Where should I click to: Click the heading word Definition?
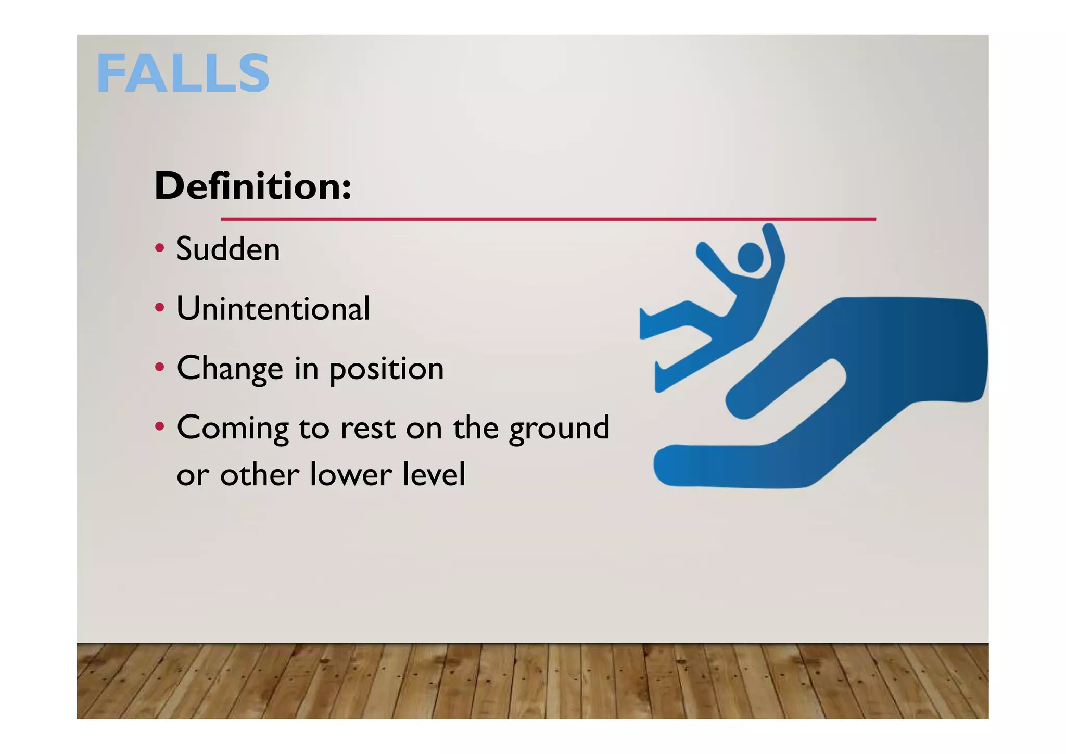pyautogui.click(x=253, y=186)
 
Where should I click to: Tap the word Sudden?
pyautogui.click(x=228, y=249)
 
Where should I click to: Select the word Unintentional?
pyautogui.click(x=273, y=308)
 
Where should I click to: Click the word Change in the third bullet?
pyautogui.click(x=230, y=369)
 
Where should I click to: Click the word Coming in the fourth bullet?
pyautogui.click(x=232, y=429)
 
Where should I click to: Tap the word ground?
pyautogui.click(x=559, y=429)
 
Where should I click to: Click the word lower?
pyautogui.click(x=351, y=474)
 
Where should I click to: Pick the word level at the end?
pyautogui.click(x=439, y=474)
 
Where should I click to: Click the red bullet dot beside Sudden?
pyautogui.click(x=160, y=247)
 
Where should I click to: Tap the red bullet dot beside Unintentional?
pyautogui.click(x=160, y=307)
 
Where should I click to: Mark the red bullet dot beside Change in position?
pyautogui.click(x=160, y=367)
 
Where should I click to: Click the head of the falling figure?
pyautogui.click(x=750, y=257)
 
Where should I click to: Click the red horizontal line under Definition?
pyautogui.click(x=548, y=219)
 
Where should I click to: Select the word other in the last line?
pyautogui.click(x=260, y=474)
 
